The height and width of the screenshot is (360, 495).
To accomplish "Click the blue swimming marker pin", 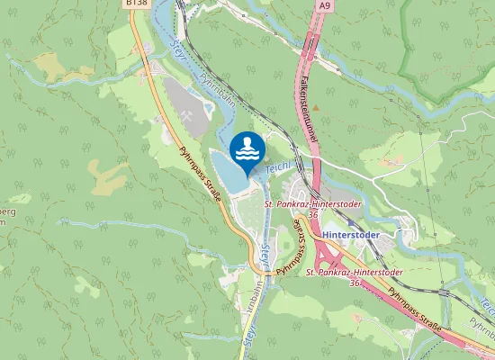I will click(247, 150).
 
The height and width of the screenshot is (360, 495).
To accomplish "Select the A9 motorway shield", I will click(322, 5).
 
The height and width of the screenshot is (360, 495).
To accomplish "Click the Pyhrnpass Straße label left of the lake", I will click(202, 177).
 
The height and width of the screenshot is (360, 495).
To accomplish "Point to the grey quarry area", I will click(184, 103).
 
